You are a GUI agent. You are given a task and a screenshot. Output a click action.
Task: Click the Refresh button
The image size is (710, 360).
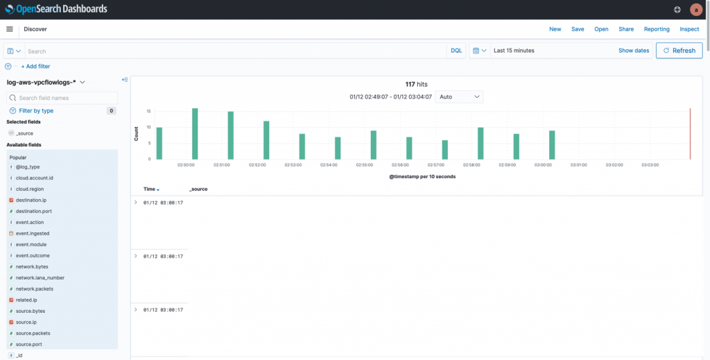pyautogui.click(x=679, y=51)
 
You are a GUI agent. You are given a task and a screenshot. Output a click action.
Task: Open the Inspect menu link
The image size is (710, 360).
pyautogui.click(x=689, y=29)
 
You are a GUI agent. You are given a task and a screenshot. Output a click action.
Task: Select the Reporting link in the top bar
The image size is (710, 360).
pyautogui.click(x=657, y=29)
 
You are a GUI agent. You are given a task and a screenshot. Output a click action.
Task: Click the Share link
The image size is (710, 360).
pyautogui.click(x=626, y=29)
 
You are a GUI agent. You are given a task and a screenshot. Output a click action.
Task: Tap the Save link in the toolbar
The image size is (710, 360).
pyautogui.click(x=578, y=29)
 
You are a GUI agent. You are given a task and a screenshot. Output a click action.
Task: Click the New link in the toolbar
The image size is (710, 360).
pyautogui.click(x=555, y=29)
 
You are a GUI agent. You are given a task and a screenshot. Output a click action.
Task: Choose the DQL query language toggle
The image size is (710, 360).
pyautogui.click(x=456, y=51)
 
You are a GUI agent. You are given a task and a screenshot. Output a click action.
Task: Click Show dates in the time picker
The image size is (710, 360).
pyautogui.click(x=634, y=51)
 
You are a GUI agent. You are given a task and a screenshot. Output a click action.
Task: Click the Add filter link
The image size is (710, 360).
pyautogui.click(x=35, y=67)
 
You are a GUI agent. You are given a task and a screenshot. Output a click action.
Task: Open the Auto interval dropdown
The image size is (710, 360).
pyautogui.click(x=459, y=97)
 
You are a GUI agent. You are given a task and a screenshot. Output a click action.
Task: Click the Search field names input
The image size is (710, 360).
pyautogui.click(x=66, y=98)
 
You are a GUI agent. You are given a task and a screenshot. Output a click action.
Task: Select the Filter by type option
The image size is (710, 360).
pyautogui.click(x=36, y=111)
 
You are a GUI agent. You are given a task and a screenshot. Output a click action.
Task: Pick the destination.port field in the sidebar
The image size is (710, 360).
pyautogui.click(x=33, y=211)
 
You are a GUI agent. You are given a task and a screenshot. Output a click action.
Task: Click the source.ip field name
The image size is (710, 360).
pyautogui.click(x=26, y=322)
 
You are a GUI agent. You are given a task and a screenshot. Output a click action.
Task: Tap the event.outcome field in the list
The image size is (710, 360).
pyautogui.click(x=33, y=255)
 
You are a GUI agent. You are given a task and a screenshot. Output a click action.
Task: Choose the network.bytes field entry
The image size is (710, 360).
pyautogui.click(x=32, y=266)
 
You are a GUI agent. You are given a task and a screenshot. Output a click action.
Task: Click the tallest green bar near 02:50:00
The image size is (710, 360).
pyautogui.click(x=195, y=133)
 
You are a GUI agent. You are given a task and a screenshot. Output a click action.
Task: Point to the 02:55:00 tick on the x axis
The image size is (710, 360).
pyautogui.click(x=365, y=165)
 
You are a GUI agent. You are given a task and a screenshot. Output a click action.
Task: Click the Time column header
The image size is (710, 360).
pyautogui.click(x=149, y=189)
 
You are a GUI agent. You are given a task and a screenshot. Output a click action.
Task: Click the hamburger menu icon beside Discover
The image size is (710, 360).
pyautogui.click(x=10, y=29)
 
